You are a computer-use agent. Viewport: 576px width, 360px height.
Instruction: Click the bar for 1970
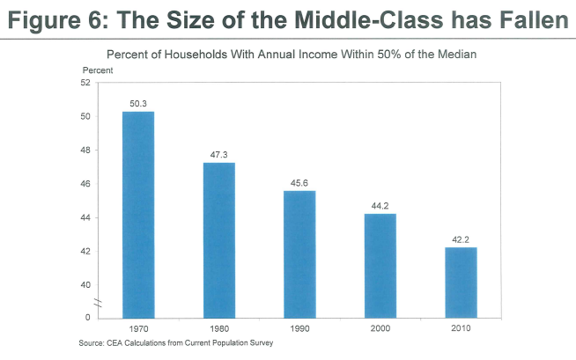click(x=137, y=214)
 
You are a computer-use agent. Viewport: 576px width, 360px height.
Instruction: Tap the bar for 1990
click(x=299, y=253)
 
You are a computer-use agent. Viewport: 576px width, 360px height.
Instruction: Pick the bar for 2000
click(x=380, y=265)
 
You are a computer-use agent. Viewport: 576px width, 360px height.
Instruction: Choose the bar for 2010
click(x=461, y=282)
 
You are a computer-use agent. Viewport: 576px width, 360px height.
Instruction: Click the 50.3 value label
click(x=137, y=104)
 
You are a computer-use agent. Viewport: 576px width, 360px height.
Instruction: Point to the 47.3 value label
click(x=218, y=155)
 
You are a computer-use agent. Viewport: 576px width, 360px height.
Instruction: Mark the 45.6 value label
click(x=299, y=183)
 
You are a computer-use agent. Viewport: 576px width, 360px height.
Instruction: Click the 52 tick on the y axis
click(x=85, y=83)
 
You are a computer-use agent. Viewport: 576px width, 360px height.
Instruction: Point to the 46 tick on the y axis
click(x=85, y=184)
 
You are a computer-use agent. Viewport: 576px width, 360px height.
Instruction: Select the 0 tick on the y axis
click(x=88, y=317)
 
